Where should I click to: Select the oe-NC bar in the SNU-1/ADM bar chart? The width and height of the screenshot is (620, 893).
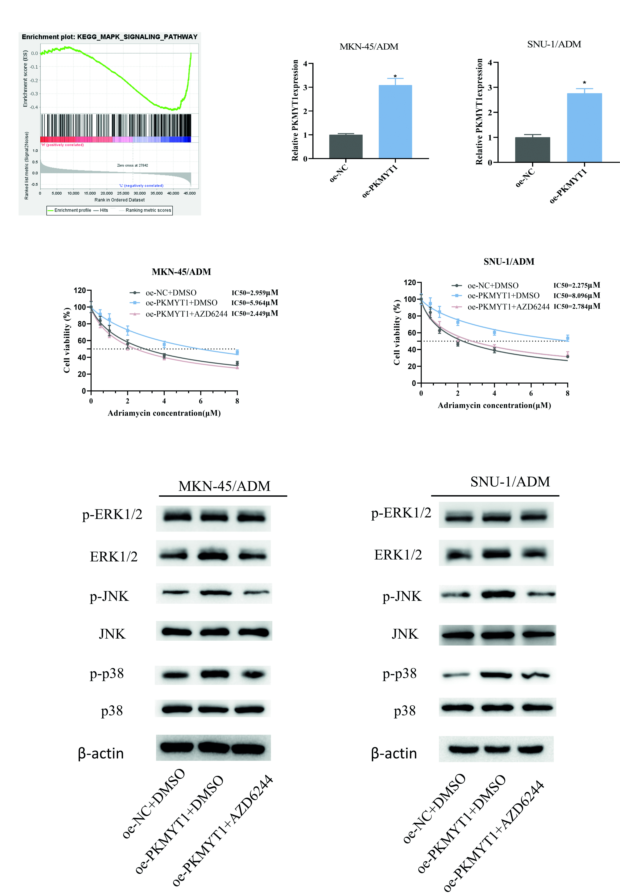coord(532,150)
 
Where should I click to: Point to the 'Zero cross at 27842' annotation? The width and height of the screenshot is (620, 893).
coord(132,165)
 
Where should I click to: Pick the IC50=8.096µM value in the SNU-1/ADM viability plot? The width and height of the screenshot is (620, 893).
coord(577,295)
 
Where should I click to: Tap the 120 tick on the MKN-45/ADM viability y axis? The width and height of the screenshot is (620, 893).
coord(80,290)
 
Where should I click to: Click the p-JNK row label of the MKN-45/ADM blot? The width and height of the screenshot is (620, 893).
coord(109,596)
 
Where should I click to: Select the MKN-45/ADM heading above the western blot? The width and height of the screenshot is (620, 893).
coord(224,486)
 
